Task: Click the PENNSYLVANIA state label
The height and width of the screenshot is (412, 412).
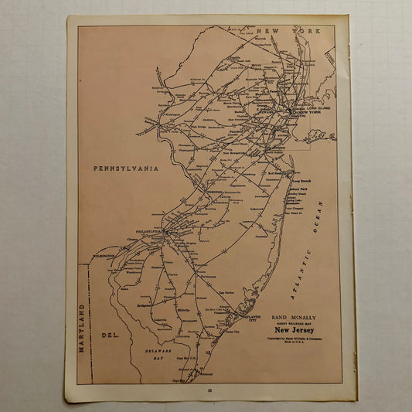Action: pos(125,168)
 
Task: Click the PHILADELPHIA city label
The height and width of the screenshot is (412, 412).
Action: pos(146,231)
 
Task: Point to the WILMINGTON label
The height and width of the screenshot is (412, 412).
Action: pos(104,255)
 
